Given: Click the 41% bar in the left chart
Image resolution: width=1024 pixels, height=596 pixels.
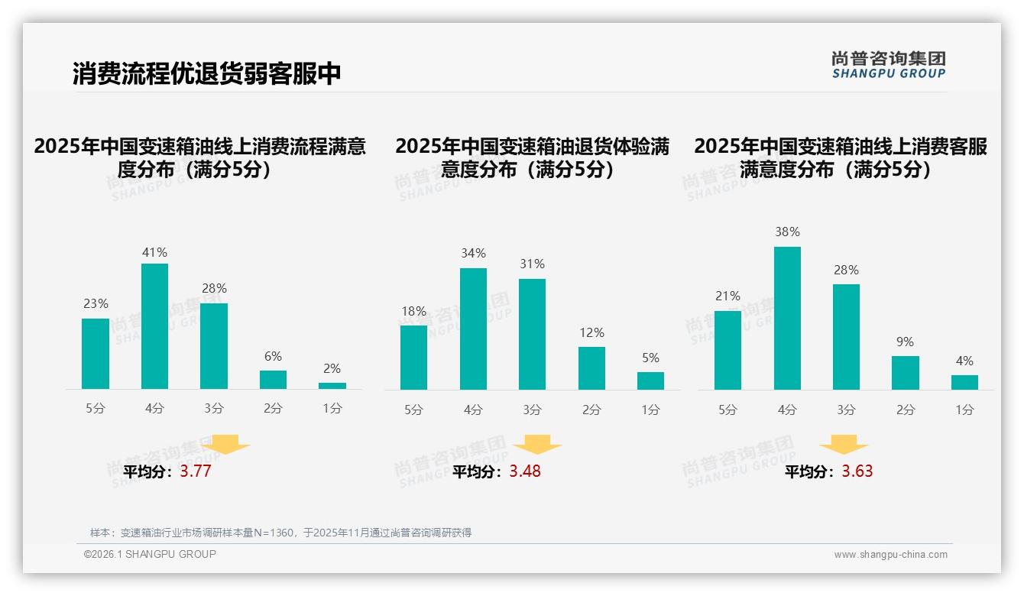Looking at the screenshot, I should [x=154, y=326].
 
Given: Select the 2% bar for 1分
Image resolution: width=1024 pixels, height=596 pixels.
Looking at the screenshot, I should [x=332, y=386].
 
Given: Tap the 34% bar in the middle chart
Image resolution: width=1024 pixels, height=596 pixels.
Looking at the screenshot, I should [x=473, y=329].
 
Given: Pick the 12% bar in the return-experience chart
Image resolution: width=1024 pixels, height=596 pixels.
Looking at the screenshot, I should [x=591, y=368].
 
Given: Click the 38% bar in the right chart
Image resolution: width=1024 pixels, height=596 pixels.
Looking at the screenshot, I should [x=787, y=318].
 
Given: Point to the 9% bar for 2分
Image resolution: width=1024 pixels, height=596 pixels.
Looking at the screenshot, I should [x=906, y=373].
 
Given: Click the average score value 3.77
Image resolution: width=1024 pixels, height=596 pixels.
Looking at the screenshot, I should [x=196, y=471].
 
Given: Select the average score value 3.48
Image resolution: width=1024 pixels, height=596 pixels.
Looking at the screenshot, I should [x=525, y=471].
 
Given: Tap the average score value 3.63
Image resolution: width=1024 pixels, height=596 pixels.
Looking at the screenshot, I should [x=857, y=471].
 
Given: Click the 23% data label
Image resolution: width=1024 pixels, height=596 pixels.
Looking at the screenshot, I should [x=96, y=304].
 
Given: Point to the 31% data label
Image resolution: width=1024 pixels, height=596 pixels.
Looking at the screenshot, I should [x=532, y=264].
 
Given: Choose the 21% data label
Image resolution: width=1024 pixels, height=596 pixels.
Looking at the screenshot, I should [x=727, y=296].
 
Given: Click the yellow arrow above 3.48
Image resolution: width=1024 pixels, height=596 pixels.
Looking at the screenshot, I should [x=537, y=445].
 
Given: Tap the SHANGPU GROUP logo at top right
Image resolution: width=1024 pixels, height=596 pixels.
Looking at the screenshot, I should [x=888, y=64].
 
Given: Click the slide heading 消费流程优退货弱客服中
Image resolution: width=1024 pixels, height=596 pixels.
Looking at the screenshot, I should [x=206, y=73].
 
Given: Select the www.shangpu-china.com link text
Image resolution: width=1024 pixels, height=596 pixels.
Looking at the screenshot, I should [x=890, y=555].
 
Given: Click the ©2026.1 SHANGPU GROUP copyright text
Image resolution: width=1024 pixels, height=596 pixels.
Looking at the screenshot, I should [x=150, y=554].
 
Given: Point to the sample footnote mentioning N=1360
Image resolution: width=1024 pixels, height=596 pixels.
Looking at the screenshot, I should [x=280, y=533].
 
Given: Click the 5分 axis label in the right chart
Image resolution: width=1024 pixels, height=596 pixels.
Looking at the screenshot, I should [x=727, y=410].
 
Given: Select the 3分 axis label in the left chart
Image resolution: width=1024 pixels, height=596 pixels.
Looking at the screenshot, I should [x=214, y=409].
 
